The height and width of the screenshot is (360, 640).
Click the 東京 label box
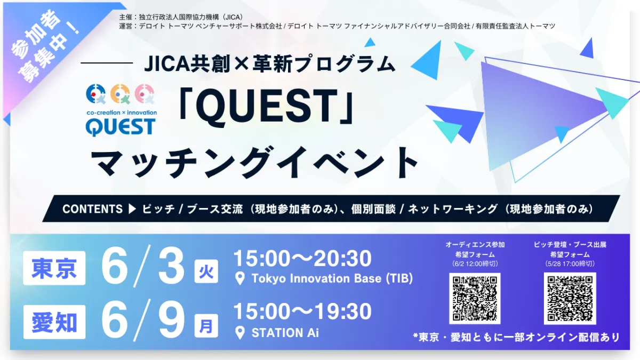point(54,268)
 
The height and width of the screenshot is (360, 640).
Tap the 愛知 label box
point(54,322)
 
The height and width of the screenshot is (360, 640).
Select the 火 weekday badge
point(206,271)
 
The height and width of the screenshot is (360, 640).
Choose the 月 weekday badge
point(206,326)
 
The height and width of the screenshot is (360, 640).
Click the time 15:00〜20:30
point(302,259)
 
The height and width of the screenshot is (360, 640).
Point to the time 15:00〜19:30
point(302,311)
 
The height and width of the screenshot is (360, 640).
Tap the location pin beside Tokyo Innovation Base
point(239,278)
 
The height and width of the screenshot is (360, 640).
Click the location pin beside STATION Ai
point(239,333)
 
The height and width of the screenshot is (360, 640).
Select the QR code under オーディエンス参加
point(475,299)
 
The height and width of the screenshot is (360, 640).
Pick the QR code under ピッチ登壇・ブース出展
point(570,299)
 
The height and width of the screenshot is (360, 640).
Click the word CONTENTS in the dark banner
point(92,209)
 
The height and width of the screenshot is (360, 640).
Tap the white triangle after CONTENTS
point(132,209)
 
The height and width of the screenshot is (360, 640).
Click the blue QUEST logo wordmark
point(121,127)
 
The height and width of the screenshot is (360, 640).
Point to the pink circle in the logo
point(145,93)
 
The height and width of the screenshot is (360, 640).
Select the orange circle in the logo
point(121,93)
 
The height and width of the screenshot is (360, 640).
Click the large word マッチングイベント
point(255,163)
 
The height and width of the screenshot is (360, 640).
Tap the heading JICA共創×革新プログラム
point(270,63)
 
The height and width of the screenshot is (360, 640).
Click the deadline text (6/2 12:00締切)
point(475,263)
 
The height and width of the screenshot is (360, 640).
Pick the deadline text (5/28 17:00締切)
point(570,263)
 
